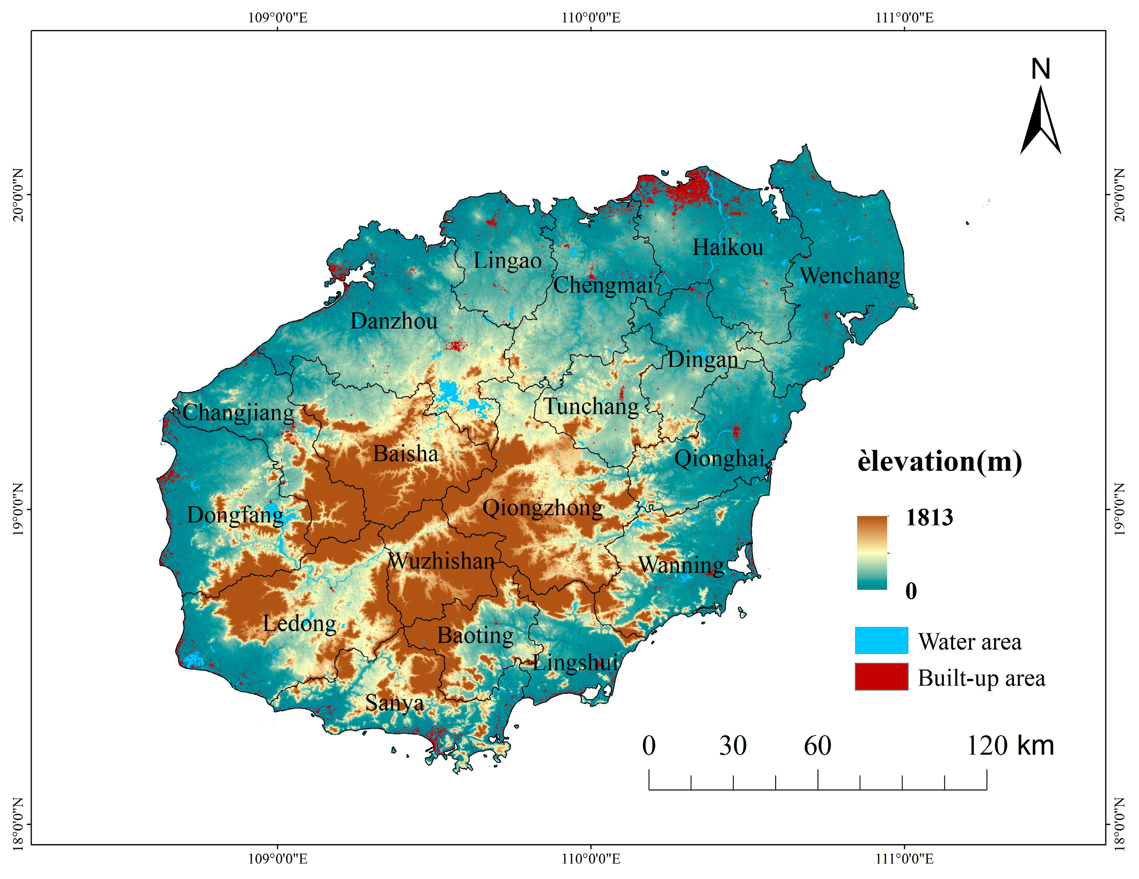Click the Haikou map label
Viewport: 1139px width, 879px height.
[728, 247]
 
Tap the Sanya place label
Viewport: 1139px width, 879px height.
[394, 703]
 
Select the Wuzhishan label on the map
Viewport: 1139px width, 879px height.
[441, 561]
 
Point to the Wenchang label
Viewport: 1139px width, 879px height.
[850, 276]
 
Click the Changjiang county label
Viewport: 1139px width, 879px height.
[238, 413]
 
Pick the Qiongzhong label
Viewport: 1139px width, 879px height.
[543, 508]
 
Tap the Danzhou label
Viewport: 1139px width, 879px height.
[394, 321]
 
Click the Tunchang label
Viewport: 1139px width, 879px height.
[591, 406]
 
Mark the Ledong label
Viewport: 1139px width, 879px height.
[299, 623]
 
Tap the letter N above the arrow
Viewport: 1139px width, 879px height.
[1040, 69]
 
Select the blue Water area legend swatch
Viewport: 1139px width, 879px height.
[882, 640]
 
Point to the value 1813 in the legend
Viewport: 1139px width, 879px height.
[929, 517]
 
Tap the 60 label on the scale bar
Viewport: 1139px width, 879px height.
[817, 745]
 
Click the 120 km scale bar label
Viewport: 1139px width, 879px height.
[1010, 745]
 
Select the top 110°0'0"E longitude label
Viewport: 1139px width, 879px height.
[591, 18]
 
